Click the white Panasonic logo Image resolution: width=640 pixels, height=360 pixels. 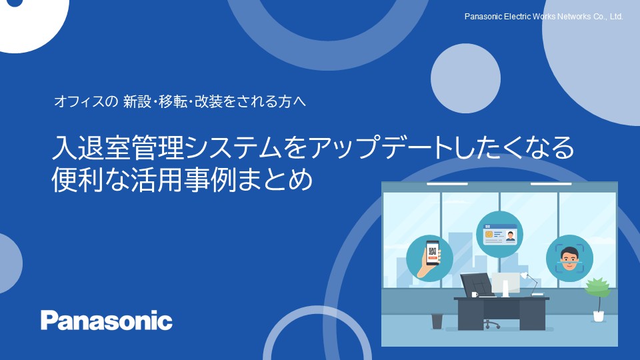coord(106,321)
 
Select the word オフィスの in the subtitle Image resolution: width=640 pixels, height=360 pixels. coord(86,101)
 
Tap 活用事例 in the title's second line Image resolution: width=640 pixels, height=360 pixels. coord(184,179)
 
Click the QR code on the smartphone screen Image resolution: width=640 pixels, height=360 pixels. coord(433,251)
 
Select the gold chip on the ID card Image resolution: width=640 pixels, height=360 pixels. coord(489,234)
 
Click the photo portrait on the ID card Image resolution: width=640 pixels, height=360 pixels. coord(510,236)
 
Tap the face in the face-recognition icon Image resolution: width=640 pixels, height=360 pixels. coord(569,259)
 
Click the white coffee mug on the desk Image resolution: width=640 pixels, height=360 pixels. coord(474,294)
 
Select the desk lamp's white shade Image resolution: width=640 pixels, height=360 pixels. coord(524,275)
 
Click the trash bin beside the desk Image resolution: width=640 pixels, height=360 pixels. coord(437,321)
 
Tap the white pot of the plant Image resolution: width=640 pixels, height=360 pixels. coord(599,316)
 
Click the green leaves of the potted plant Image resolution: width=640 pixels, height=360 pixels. coord(597,288)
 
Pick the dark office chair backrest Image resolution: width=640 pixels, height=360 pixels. coord(476,284)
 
